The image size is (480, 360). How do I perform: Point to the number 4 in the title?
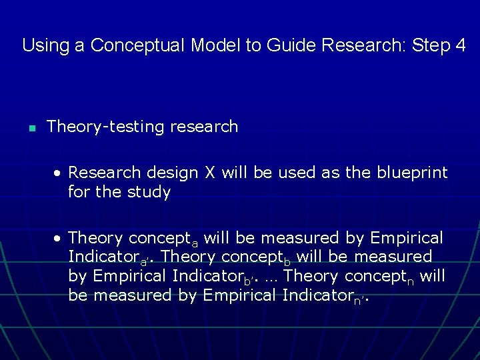pos(461,45)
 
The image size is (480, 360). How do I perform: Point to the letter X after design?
pos(210,173)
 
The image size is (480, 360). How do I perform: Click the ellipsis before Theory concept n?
pos(270,276)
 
